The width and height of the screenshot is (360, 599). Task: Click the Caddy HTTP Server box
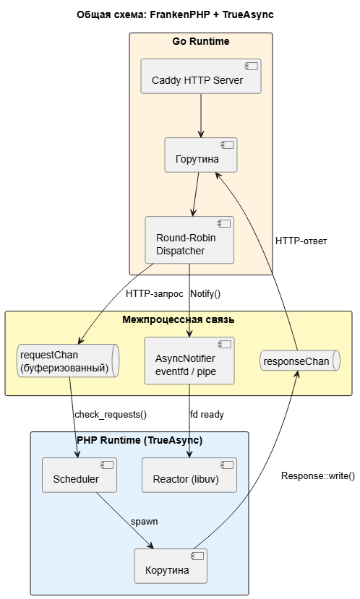(201, 76)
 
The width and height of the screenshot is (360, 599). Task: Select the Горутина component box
(201, 155)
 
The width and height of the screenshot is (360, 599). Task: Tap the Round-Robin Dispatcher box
(189, 240)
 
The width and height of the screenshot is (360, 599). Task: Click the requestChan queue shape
(69, 361)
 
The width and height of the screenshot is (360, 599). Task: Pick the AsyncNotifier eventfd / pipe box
(189, 361)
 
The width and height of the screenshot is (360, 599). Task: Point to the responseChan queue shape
(300, 361)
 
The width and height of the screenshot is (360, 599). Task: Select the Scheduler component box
(80, 475)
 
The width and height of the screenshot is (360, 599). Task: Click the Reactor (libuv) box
(189, 475)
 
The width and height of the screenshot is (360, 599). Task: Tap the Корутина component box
(171, 566)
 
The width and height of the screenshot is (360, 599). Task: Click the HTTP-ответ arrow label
(301, 241)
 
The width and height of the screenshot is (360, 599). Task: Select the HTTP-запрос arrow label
(155, 294)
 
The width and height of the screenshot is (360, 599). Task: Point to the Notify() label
(205, 294)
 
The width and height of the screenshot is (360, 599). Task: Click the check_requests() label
(111, 415)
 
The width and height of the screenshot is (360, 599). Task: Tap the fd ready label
(207, 415)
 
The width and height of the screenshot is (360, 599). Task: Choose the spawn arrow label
(144, 522)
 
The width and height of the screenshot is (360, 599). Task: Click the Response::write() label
(318, 476)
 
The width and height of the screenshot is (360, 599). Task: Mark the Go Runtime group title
(201, 41)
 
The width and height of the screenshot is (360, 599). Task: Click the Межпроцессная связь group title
(179, 319)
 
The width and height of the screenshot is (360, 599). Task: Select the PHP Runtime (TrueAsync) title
(140, 441)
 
